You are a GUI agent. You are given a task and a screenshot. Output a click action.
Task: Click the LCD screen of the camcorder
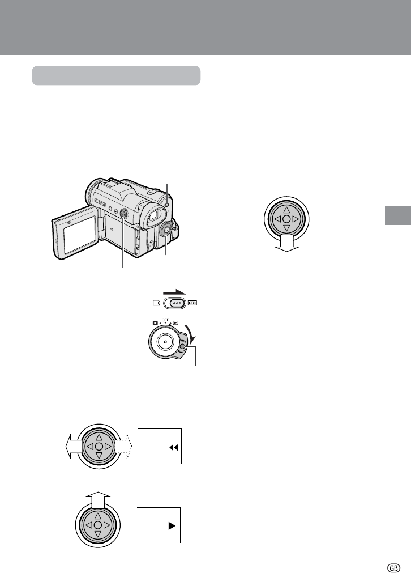[79, 232]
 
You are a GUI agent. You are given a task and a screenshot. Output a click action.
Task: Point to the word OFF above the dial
[165, 321]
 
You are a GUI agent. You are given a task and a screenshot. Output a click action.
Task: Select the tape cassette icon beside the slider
[194, 303]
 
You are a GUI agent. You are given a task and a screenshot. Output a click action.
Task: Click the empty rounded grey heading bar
[116, 75]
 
